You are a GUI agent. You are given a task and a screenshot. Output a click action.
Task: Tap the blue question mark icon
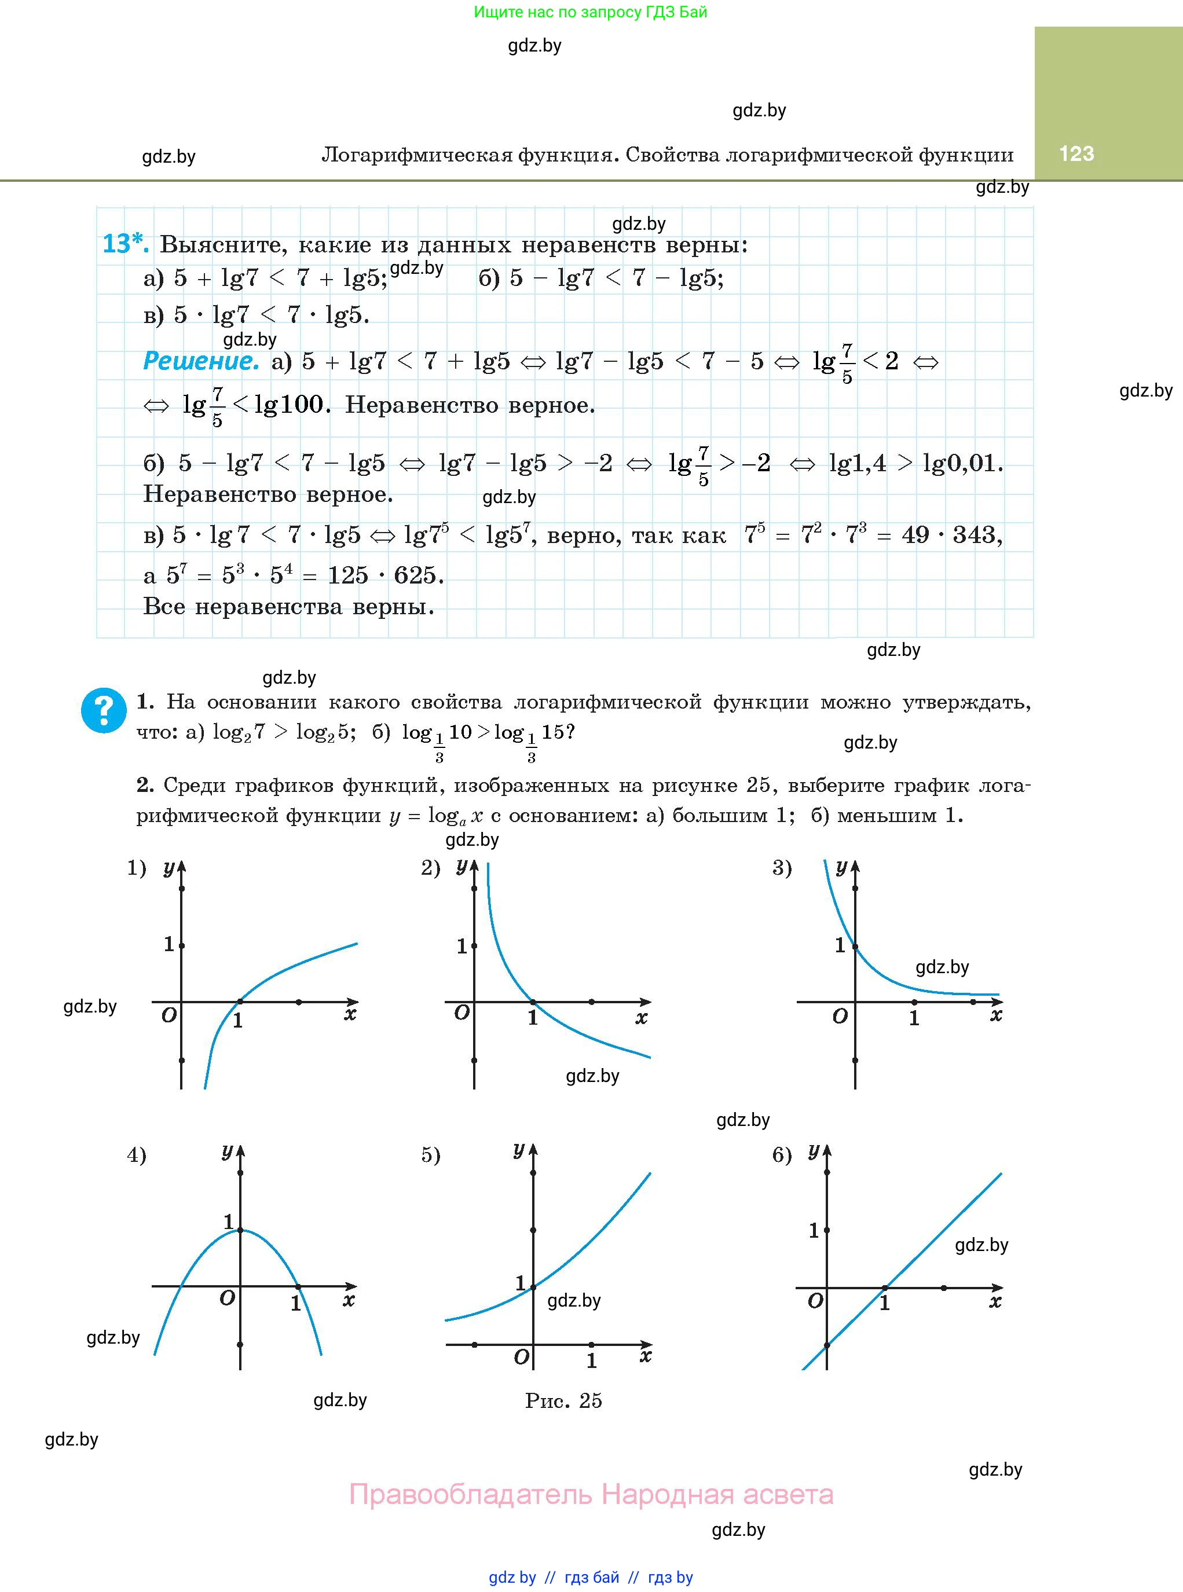coord(104,710)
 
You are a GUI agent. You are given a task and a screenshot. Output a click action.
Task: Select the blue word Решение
coord(200,361)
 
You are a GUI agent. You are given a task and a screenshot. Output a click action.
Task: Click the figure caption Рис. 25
coord(563,1400)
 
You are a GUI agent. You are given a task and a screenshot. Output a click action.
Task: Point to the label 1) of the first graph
coord(137,868)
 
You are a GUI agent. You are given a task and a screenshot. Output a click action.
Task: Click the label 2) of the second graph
coord(430,868)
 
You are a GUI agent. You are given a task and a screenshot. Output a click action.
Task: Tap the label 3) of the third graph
coord(782,868)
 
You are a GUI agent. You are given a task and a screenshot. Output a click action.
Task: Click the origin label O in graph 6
coord(815,1301)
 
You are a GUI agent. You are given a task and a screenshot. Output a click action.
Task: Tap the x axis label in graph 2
coord(641,1017)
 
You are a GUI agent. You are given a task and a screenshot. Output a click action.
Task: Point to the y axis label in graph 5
coord(518,1150)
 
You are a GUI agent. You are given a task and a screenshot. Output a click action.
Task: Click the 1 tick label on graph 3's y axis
coord(840,945)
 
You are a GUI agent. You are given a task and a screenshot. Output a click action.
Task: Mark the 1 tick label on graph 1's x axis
coord(238,1021)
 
